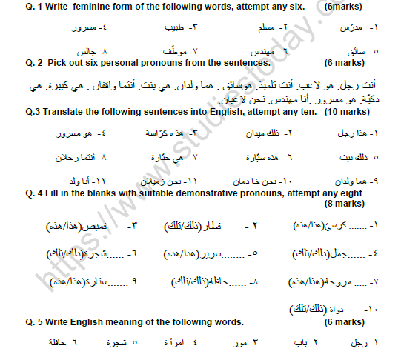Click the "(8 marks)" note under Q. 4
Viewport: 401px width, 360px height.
coord(343,204)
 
